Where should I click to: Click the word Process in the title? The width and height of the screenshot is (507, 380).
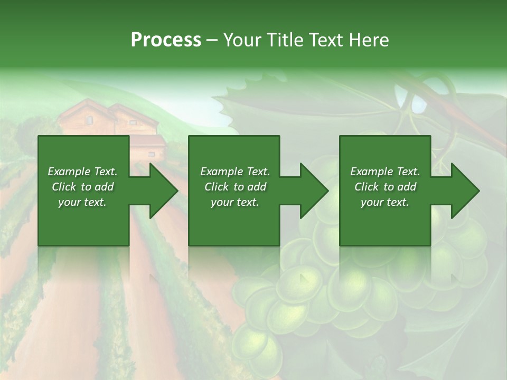point(166,40)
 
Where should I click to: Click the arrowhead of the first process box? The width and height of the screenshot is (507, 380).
point(164,191)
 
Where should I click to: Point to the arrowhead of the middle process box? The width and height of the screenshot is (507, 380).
point(315,191)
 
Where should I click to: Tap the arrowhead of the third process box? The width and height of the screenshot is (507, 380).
point(465,191)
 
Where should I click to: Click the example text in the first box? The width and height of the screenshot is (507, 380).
point(83,187)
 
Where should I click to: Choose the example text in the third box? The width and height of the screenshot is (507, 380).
point(385,187)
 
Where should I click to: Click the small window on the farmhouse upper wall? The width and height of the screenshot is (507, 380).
point(89,120)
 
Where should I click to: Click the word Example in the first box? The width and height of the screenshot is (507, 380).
point(69,172)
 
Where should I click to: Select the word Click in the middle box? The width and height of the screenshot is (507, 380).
point(216,187)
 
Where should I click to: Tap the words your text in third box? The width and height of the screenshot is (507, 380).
point(385,202)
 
